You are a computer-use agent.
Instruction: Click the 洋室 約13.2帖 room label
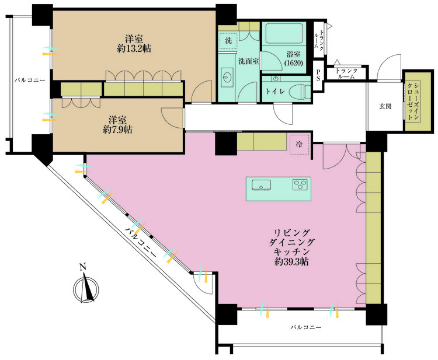click(134, 44)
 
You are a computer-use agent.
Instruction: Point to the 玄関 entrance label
click(385, 106)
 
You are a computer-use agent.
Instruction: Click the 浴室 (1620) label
click(293, 57)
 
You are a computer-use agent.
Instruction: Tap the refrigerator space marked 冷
click(299, 144)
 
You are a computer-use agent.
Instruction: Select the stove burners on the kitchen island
click(300, 186)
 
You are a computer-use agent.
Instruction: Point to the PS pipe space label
click(318, 75)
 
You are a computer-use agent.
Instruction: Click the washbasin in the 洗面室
click(228, 77)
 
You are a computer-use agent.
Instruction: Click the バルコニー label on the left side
click(30, 80)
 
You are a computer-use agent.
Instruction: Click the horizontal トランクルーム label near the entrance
click(346, 74)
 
